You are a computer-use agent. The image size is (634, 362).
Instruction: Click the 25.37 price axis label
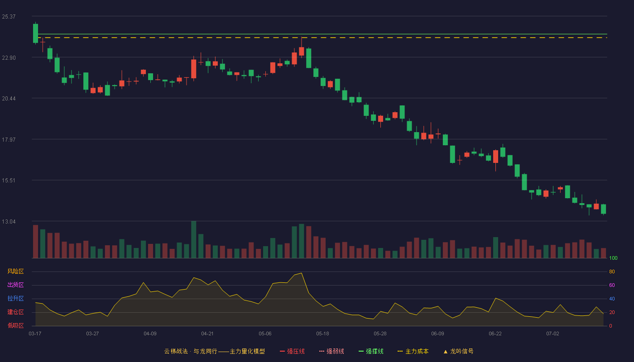[x=9, y=17]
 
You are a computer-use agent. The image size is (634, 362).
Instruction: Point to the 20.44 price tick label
[x=9, y=99]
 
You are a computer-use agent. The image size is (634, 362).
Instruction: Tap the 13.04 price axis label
[x=9, y=222]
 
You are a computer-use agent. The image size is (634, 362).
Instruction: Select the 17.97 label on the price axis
[x=9, y=140]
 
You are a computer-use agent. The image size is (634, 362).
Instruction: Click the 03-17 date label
[x=35, y=334]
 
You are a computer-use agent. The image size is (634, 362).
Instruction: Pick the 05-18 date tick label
[x=322, y=334]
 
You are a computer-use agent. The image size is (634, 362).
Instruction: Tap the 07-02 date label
[x=553, y=334]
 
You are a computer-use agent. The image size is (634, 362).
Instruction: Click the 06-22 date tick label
[x=495, y=334]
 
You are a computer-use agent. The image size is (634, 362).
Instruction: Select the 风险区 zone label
[x=15, y=271]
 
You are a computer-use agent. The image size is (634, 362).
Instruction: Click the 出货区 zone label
[x=15, y=285]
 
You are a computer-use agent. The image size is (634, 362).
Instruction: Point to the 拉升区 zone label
[x=15, y=299]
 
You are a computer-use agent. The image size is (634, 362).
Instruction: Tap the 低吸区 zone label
[x=15, y=326]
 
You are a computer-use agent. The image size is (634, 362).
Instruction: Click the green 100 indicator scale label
[x=613, y=258]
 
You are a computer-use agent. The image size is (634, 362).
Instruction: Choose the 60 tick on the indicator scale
[x=612, y=285]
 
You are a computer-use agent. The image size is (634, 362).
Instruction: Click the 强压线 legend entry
[x=292, y=351]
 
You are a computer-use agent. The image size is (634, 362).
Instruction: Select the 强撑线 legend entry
[x=371, y=351]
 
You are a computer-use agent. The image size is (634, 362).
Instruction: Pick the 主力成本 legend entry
[x=413, y=351]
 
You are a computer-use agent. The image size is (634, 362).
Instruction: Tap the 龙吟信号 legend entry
[x=458, y=351]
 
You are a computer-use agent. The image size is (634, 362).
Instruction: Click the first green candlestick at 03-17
[x=35, y=33]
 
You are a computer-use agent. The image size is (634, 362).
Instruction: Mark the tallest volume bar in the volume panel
[x=194, y=239]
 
